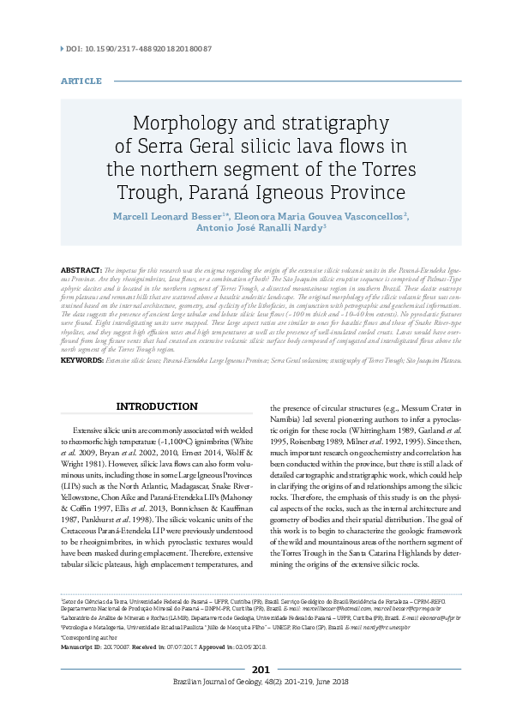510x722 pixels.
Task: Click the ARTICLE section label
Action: coord(81,81)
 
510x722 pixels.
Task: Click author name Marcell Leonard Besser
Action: coord(165,214)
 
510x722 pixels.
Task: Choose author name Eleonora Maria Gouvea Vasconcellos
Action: coord(321,214)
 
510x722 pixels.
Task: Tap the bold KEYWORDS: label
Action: coord(82,361)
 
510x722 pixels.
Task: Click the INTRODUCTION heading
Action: coord(157,406)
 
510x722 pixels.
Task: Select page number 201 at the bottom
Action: coord(261,670)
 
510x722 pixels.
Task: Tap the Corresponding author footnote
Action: coord(85,639)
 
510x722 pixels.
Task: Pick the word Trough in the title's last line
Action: coord(153,189)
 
